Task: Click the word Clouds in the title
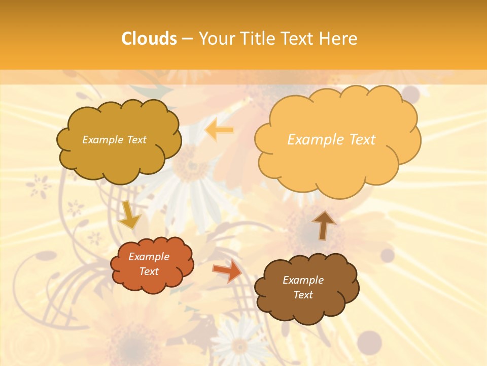coord(149,39)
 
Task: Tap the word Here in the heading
coord(339,39)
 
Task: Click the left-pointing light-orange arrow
coord(219,131)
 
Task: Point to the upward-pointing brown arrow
coord(323,225)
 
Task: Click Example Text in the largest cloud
coord(331,139)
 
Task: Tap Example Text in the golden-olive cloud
coord(114,139)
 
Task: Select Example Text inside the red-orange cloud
coord(149,264)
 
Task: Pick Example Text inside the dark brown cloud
coord(303,287)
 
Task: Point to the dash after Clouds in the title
coord(187,39)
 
